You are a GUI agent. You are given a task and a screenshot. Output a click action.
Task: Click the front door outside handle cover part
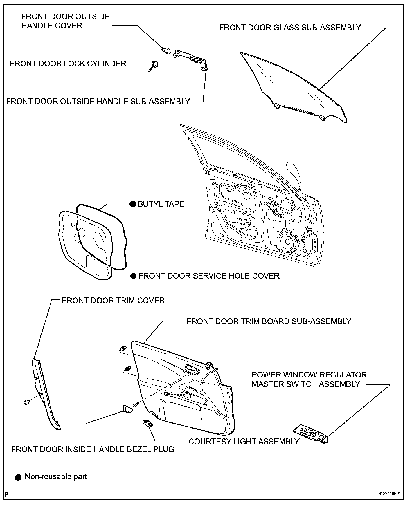(x=166, y=51)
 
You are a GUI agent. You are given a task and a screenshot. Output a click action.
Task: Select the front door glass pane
(x=292, y=84)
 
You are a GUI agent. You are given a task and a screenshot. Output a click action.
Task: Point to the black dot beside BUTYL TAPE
(x=132, y=204)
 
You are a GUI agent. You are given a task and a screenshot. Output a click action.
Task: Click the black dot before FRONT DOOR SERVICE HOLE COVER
(x=134, y=276)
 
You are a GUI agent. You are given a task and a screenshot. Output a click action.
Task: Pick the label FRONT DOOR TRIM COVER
(x=113, y=300)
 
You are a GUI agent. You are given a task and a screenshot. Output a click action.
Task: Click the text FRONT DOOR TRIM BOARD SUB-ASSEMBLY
(x=269, y=321)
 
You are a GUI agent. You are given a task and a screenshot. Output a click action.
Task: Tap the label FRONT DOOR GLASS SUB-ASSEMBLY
(x=290, y=27)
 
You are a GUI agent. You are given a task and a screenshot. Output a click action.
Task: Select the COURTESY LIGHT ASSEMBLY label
(x=244, y=441)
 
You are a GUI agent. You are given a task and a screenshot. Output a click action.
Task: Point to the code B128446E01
(x=390, y=494)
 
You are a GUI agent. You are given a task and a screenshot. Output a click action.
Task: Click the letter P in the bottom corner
(x=7, y=494)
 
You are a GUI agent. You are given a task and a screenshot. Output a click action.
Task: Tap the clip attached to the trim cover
(x=27, y=402)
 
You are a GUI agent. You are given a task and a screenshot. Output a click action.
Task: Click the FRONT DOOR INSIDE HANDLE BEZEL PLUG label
(x=93, y=449)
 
